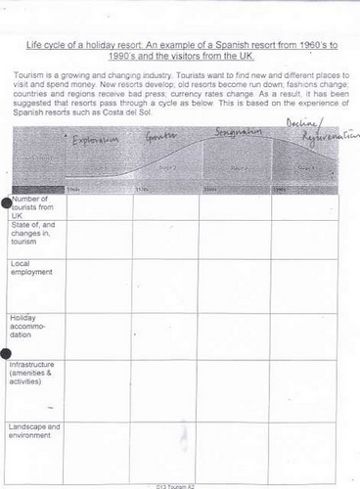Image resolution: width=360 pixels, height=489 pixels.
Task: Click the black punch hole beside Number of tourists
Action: tap(8, 201)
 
